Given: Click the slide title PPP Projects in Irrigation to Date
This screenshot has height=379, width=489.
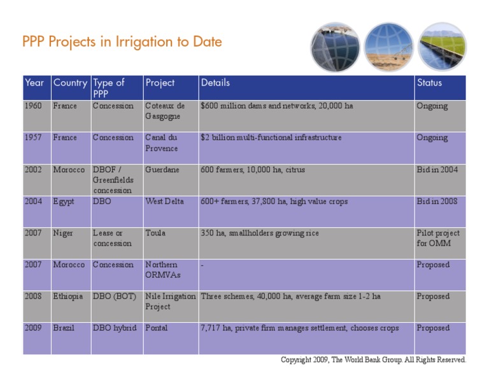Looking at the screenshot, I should click(122, 42).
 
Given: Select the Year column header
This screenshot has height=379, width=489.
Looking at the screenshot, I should click(34, 83).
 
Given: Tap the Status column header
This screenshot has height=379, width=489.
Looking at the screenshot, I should click(429, 83).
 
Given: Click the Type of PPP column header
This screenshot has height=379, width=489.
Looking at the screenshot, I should click(109, 88).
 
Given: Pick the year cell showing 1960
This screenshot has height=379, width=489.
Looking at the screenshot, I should click(33, 106).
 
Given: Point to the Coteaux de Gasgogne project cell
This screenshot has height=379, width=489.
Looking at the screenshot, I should click(165, 111).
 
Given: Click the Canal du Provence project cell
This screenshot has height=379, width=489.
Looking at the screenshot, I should click(162, 143).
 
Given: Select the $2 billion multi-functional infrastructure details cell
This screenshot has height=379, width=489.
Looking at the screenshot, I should click(271, 138).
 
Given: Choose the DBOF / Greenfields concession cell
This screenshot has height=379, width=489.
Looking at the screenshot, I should click(113, 180).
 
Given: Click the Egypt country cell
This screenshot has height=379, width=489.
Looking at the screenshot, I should click(64, 202).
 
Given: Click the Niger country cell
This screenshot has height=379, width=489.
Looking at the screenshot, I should click(63, 234).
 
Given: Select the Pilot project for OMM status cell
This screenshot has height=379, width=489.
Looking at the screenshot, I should click(437, 238).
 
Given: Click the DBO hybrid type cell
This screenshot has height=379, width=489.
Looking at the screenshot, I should click(115, 328).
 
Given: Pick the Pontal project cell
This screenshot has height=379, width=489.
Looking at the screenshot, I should click(157, 328).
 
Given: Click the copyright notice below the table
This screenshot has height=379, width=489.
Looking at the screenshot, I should click(373, 360).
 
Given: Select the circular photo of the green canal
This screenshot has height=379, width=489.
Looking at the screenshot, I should click(442, 47).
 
